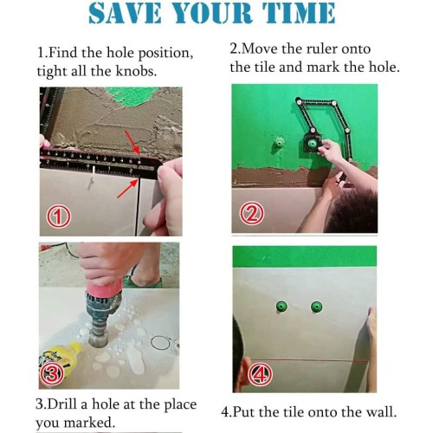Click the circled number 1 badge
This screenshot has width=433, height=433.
click(x=59, y=216)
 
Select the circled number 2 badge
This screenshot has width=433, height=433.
click(x=252, y=213)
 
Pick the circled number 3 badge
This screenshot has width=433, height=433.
click(x=52, y=374)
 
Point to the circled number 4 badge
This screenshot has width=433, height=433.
click(x=260, y=374)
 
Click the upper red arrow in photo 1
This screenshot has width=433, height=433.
click(x=132, y=142)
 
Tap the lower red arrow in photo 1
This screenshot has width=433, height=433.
click(x=127, y=188)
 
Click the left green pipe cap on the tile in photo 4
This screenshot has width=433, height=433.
click(x=281, y=307)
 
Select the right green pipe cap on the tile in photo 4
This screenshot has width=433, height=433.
click(x=317, y=307)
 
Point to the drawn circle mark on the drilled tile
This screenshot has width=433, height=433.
click(x=160, y=343)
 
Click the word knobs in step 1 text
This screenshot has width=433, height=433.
click(x=136, y=71)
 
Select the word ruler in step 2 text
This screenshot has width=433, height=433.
click(x=320, y=48)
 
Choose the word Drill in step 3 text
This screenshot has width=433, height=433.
click(x=62, y=404)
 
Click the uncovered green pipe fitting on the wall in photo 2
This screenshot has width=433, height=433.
click(x=279, y=143)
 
